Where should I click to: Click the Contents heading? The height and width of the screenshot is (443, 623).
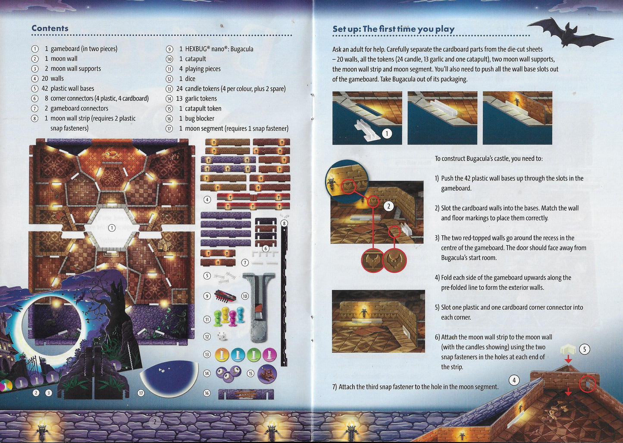point(50,28)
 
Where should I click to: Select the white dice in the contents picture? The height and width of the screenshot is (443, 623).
point(222,336)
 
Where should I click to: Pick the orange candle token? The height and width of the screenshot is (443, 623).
point(222,354)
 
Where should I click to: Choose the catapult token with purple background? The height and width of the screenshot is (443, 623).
point(267,374)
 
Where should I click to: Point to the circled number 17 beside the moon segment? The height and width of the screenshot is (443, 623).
point(141,393)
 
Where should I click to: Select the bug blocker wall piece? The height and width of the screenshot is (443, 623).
point(246,394)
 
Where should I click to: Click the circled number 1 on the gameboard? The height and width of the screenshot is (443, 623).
point(112,228)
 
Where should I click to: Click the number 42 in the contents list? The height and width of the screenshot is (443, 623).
point(45,89)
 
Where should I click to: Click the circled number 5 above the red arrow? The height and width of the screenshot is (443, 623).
point(585,349)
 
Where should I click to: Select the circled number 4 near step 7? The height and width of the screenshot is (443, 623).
point(514,380)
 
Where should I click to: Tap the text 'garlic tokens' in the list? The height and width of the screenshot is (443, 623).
point(201,98)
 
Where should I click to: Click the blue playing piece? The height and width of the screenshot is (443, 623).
point(240,315)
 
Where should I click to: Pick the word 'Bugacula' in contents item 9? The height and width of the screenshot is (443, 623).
point(242,49)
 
